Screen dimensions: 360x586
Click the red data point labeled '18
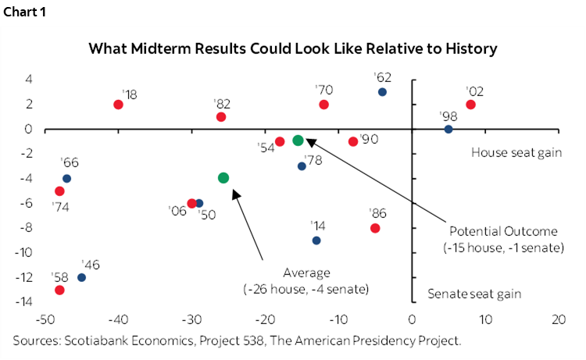[118, 105]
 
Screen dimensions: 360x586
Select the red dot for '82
[221, 117]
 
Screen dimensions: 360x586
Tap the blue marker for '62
[382, 92]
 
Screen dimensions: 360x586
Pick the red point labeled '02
[470, 105]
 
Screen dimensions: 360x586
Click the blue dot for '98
[448, 129]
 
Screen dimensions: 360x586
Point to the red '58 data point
[59, 290]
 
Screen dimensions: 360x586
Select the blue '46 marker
[81, 277]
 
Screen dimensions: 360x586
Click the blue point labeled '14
[316, 241]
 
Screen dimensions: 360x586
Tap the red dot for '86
[375, 228]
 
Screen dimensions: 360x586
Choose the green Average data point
[223, 178]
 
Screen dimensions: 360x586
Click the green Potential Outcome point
[298, 141]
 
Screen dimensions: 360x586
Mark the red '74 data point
[59, 191]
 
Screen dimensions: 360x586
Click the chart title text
[292, 49]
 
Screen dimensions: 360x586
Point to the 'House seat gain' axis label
[516, 152]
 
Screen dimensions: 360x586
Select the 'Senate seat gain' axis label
[474, 294]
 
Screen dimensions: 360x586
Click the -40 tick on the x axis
[118, 319]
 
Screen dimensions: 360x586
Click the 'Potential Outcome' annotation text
[504, 231]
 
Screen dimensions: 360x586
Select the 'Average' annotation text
[306, 273]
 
